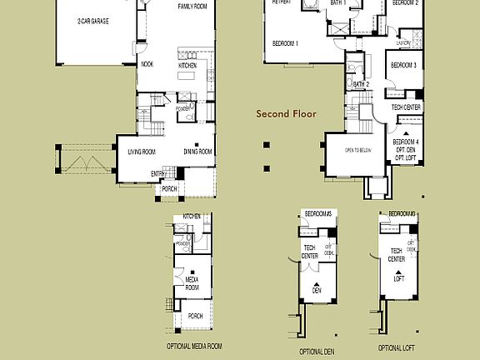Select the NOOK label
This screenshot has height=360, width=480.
coord(147,64)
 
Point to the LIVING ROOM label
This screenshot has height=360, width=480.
coord(142,152)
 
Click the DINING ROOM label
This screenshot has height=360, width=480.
coord(198,152)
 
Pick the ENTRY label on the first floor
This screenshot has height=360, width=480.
coord(157,173)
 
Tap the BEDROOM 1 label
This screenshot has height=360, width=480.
coord(285,42)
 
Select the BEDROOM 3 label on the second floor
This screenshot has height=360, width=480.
coord(403,65)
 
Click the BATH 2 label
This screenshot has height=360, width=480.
coord(361,84)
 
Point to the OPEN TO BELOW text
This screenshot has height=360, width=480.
coord(358,151)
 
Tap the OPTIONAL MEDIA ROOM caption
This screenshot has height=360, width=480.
coord(194,346)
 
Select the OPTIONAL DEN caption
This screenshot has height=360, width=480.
coord(316,351)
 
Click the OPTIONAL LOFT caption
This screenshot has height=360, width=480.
coord(397,347)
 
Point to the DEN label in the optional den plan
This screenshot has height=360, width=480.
coord(317,290)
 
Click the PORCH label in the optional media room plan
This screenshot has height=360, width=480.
coord(195,316)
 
